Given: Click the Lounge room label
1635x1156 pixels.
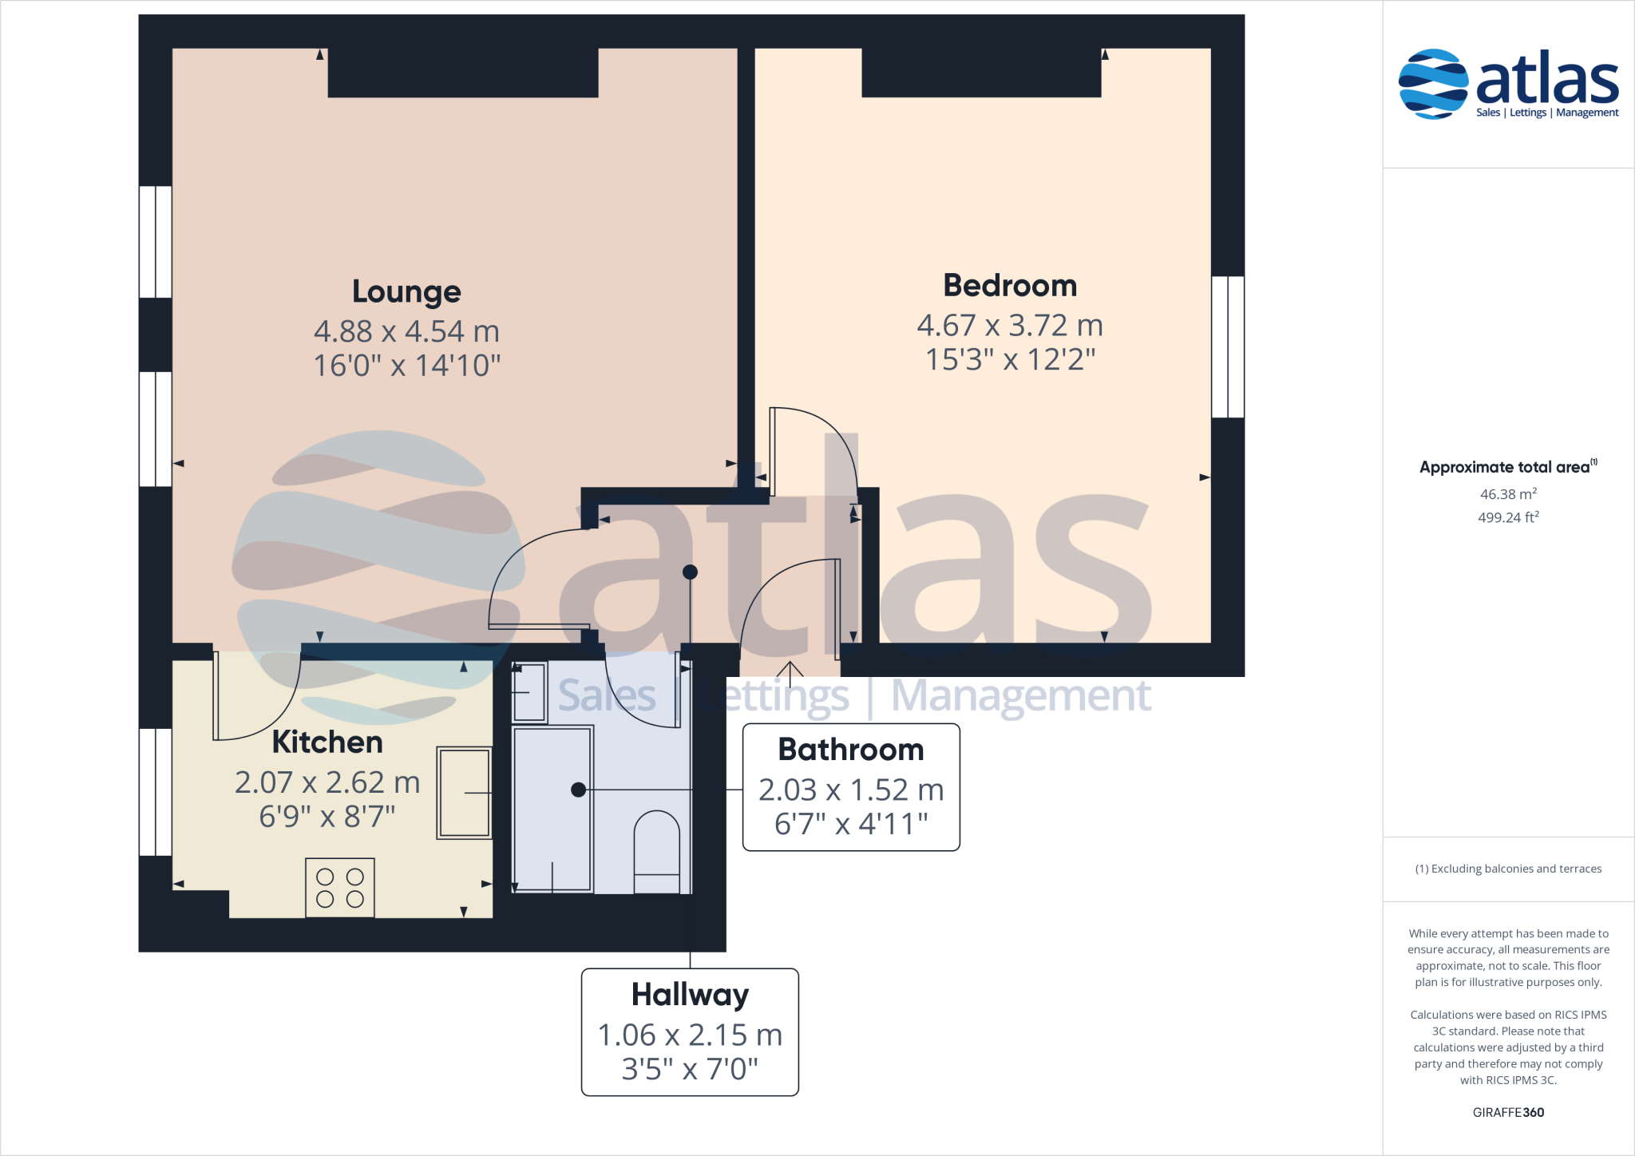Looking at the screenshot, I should [406, 292].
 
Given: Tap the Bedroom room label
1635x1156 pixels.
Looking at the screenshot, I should [1010, 286].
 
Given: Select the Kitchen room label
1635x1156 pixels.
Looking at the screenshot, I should [327, 742].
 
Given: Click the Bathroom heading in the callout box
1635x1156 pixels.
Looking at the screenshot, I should [851, 750].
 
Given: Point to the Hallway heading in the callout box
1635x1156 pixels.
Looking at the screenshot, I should [690, 995].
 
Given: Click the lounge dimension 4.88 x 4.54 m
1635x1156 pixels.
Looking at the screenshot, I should [406, 331].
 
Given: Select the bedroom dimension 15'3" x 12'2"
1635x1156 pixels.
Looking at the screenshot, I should [1010, 360].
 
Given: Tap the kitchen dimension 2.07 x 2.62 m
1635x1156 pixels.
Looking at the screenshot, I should [327, 782].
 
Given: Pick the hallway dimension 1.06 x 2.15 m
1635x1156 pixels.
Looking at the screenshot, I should [690, 1035].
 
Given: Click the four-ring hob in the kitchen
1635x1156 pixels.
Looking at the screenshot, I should [340, 888].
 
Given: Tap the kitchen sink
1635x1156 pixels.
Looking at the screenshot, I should [464, 793].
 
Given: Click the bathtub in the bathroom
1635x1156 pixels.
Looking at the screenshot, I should [552, 808].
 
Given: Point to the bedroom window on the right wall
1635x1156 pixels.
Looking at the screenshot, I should [1228, 346].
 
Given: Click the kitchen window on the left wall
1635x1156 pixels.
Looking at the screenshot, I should [155, 791].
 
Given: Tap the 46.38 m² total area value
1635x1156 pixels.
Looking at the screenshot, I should [1508, 494].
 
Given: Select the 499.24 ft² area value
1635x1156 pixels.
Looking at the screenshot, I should [1508, 517].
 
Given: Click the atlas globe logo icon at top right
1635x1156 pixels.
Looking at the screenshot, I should [1433, 84].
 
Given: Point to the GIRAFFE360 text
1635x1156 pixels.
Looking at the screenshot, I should [1508, 1112].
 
